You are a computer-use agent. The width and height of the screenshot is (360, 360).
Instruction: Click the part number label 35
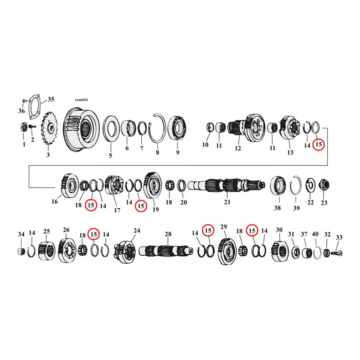51,100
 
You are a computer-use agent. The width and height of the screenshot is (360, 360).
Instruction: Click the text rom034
81,100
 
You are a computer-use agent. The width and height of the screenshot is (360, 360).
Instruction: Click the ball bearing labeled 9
177,129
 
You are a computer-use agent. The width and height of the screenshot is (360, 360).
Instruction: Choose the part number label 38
277,208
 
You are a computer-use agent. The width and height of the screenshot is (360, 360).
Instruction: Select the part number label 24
136,230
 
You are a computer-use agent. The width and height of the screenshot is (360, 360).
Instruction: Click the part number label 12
238,148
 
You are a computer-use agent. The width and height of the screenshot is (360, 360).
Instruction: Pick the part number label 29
224,227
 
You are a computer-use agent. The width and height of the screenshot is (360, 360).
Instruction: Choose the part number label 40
315,234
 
